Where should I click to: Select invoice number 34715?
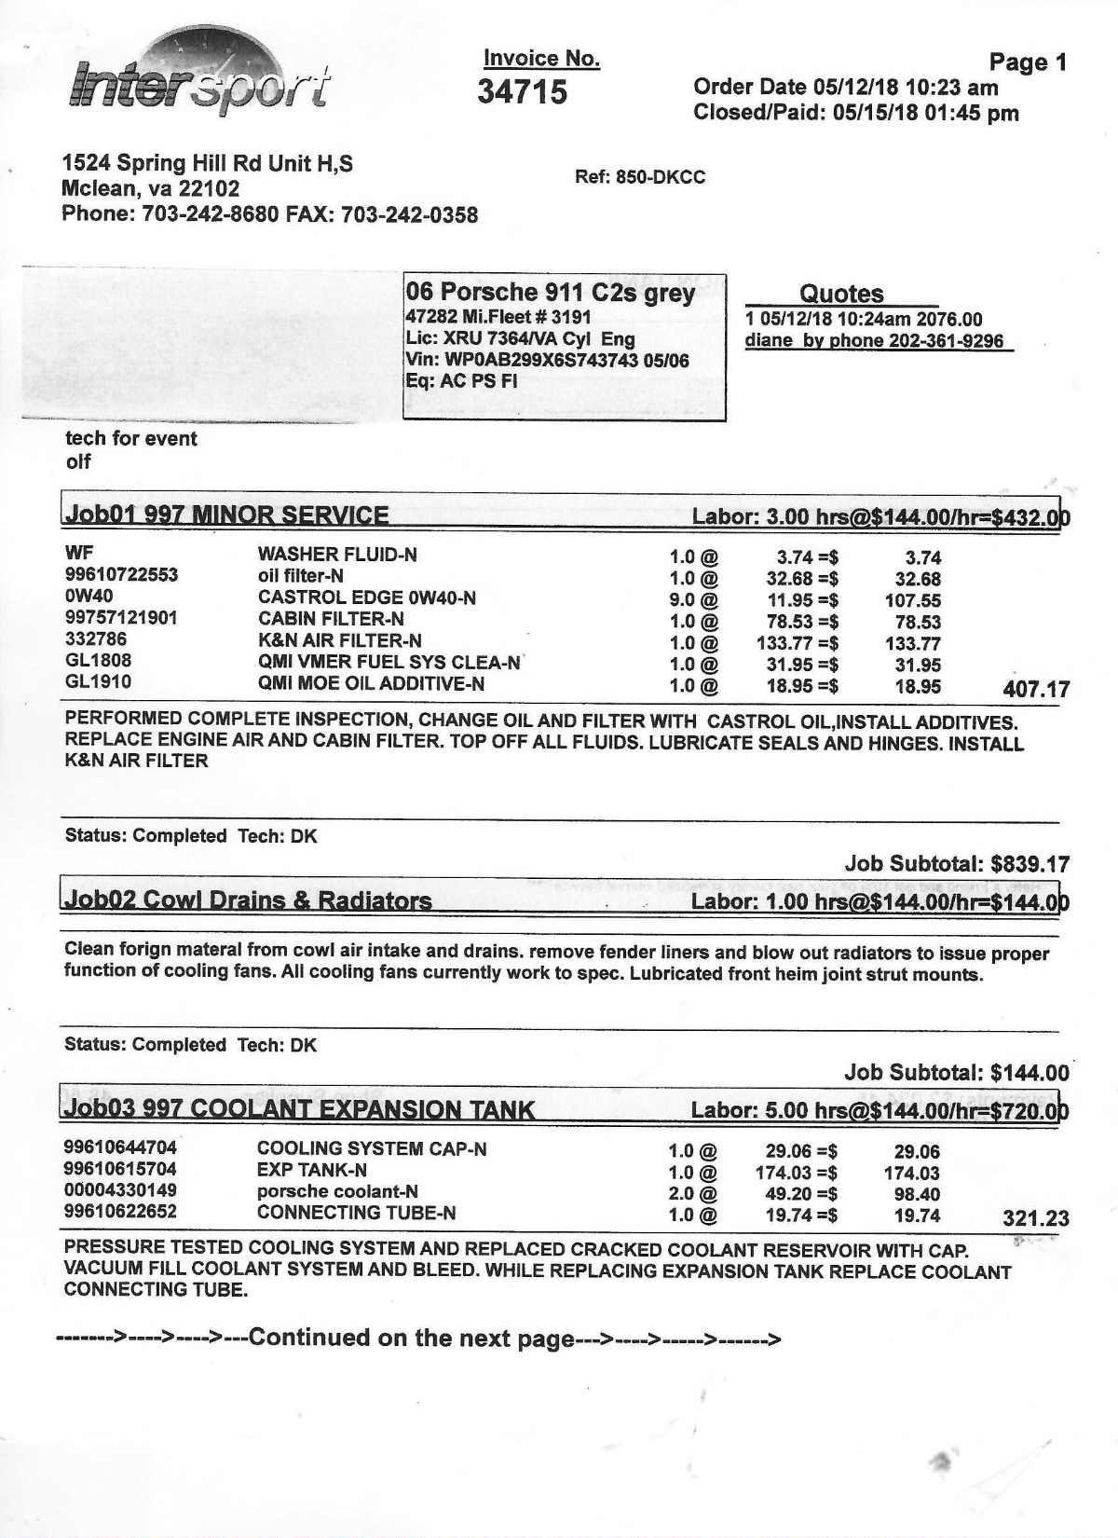pos(522,92)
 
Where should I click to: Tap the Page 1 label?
pos(1027,62)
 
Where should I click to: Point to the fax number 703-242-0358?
pos(410,215)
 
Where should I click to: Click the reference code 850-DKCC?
pos(660,177)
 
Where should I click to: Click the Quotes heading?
pos(841,294)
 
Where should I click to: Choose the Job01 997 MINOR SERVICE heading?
pos(226,515)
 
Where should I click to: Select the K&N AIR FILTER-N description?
pos(339,640)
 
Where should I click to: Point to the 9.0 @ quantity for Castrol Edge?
pos(694,599)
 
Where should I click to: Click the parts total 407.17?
pos(1036,690)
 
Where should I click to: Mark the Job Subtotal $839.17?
pos(957,864)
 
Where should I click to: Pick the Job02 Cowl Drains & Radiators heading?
pos(248,900)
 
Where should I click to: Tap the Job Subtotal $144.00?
pos(957,1073)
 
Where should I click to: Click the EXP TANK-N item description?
pos(311,1170)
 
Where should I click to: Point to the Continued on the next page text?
pos(417,1339)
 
